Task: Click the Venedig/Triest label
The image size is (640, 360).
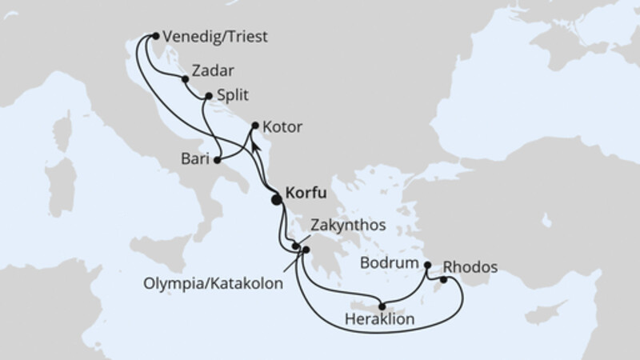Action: [214, 37]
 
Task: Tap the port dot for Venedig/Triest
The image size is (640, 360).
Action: [155, 36]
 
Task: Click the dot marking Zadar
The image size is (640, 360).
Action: [185, 79]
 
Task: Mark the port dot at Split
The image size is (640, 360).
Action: [209, 96]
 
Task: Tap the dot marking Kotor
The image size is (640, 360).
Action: [255, 126]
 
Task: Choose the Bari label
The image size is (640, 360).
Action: [195, 160]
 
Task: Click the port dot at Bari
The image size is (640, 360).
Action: [217, 160]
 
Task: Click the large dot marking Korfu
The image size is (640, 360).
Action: [278, 200]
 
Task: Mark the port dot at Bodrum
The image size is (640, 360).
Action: [427, 265]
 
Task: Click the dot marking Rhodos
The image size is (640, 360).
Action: [442, 280]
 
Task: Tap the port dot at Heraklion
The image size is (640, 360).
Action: [382, 305]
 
